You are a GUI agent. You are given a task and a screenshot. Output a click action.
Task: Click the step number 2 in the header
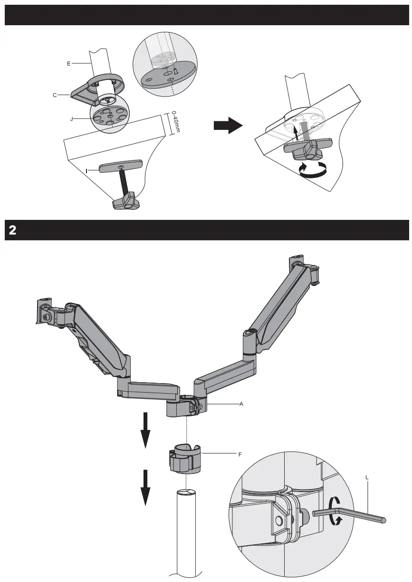(x=12, y=230)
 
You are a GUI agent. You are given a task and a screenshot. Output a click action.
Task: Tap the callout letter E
(x=68, y=63)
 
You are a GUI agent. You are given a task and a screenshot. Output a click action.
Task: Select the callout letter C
(x=55, y=95)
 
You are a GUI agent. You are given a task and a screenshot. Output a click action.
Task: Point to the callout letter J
(x=72, y=119)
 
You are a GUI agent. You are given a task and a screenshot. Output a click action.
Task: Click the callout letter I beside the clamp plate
(x=87, y=170)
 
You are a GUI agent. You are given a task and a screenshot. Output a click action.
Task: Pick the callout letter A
(x=241, y=404)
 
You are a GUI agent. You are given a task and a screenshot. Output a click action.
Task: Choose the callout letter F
(x=240, y=454)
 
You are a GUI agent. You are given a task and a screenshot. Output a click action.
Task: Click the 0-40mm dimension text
(x=174, y=123)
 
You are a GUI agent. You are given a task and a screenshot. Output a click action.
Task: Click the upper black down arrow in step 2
(x=145, y=430)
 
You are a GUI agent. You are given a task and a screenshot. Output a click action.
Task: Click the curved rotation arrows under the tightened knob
(x=313, y=170)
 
